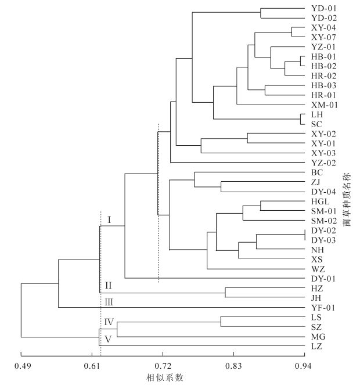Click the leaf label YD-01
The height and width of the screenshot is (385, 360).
click(323, 9)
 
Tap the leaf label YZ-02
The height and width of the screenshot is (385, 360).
click(323, 163)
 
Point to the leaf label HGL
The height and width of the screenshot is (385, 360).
click(321, 201)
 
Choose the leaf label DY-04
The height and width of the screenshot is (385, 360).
click(323, 192)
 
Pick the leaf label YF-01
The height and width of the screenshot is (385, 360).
click(323, 307)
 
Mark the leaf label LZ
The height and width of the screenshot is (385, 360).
click(317, 346)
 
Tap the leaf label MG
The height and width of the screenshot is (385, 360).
click(318, 336)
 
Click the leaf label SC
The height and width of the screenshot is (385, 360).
click(316, 124)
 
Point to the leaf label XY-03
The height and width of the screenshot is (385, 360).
click(323, 153)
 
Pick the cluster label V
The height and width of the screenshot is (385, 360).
click(109, 340)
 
